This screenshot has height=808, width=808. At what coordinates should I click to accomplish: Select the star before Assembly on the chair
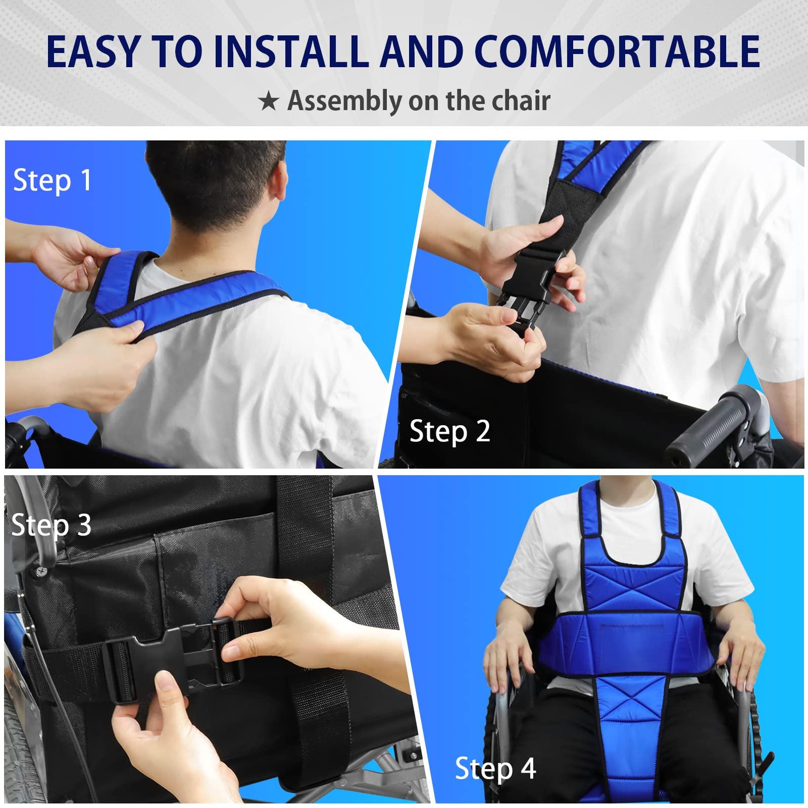[x=268, y=102]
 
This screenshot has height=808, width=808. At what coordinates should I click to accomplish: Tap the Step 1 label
[x=53, y=180]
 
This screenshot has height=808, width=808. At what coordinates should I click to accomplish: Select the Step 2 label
[x=449, y=431]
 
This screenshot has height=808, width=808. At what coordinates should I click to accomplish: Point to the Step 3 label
[x=51, y=525]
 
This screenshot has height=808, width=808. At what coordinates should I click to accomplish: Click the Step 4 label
[x=495, y=769]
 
